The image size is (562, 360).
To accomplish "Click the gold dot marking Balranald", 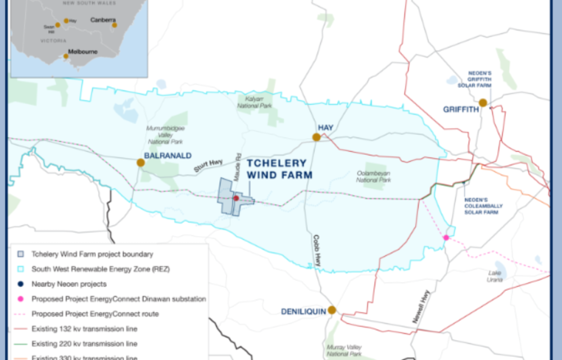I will coord(140,163).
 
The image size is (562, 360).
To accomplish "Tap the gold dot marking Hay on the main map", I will coord(316,137).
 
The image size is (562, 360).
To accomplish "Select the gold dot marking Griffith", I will coord(483,102).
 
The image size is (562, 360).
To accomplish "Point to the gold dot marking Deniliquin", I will coord(332,310).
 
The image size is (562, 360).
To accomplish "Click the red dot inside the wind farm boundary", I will coord(237,198).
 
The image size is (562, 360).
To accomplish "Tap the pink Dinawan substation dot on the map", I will coord(446,237).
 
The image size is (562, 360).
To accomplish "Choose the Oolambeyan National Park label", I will coord(374,177).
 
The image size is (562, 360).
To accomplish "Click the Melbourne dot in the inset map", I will coord(66,56).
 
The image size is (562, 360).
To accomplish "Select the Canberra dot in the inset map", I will coord(114,25).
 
